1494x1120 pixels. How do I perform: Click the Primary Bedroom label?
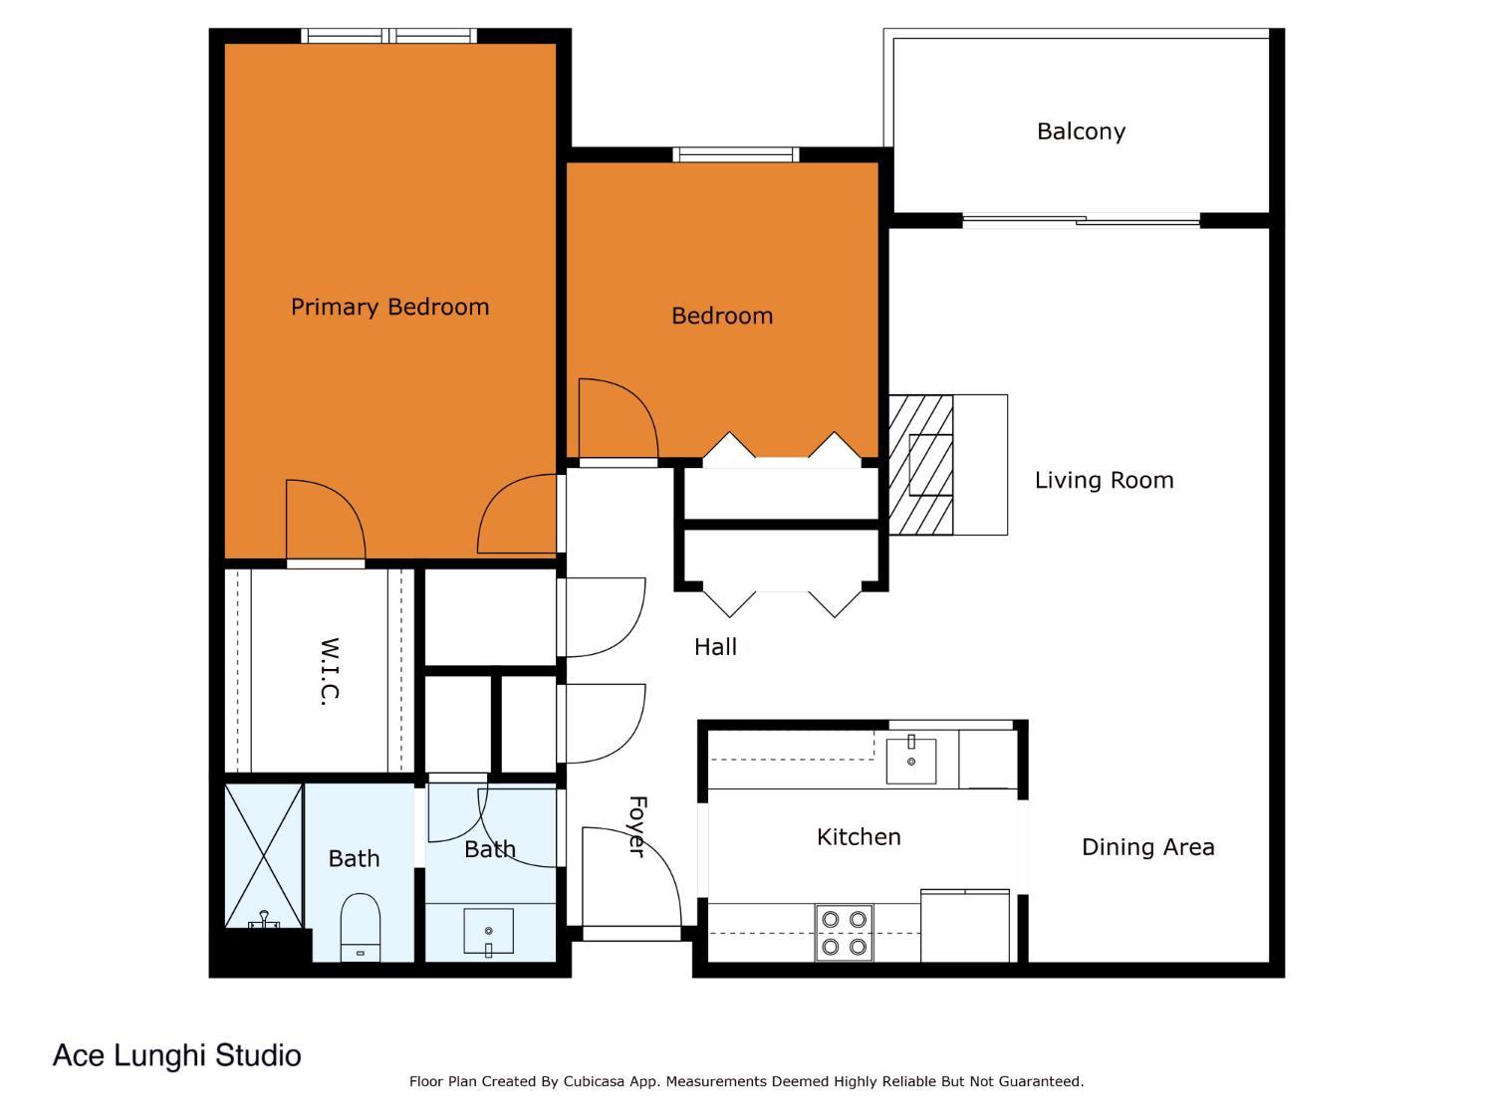(389, 307)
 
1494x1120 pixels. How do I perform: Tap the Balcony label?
(1081, 131)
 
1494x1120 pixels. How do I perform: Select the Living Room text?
(1104, 480)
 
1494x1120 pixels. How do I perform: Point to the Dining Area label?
(1147, 847)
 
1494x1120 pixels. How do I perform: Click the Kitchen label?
(859, 836)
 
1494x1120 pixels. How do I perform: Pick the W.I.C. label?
(330, 672)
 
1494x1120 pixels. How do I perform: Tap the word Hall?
(715, 647)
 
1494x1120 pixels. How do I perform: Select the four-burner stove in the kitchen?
(844, 933)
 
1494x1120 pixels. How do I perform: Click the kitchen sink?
(911, 761)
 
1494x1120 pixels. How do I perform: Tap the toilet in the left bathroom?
(360, 927)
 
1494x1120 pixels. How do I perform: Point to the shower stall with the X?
(263, 854)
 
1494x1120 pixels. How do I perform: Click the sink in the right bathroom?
(488, 932)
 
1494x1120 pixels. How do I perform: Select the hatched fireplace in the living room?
(920, 464)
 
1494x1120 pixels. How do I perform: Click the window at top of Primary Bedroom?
(388, 36)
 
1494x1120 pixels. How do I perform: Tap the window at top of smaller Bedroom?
(735, 154)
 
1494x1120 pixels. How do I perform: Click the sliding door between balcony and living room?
(1081, 220)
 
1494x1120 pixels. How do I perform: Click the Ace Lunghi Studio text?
(176, 1055)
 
